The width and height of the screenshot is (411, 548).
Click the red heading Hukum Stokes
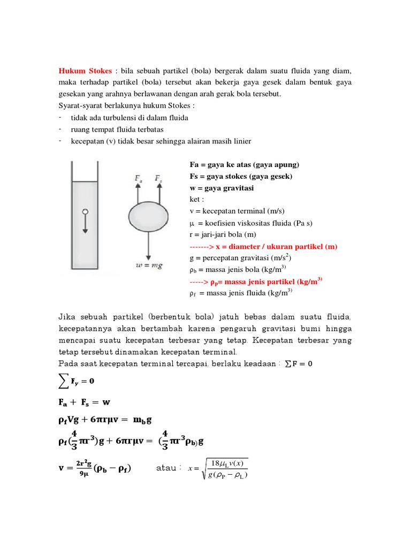85,71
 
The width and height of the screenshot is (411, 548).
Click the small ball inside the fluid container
84,211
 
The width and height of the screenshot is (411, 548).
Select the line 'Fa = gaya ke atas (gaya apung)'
244,165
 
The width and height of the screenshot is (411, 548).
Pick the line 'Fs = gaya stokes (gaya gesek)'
241,176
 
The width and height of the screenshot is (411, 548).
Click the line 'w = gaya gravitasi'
222,188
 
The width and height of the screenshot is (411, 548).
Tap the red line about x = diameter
263,247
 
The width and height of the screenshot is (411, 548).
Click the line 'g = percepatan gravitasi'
241,258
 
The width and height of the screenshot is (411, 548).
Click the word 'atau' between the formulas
166,468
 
